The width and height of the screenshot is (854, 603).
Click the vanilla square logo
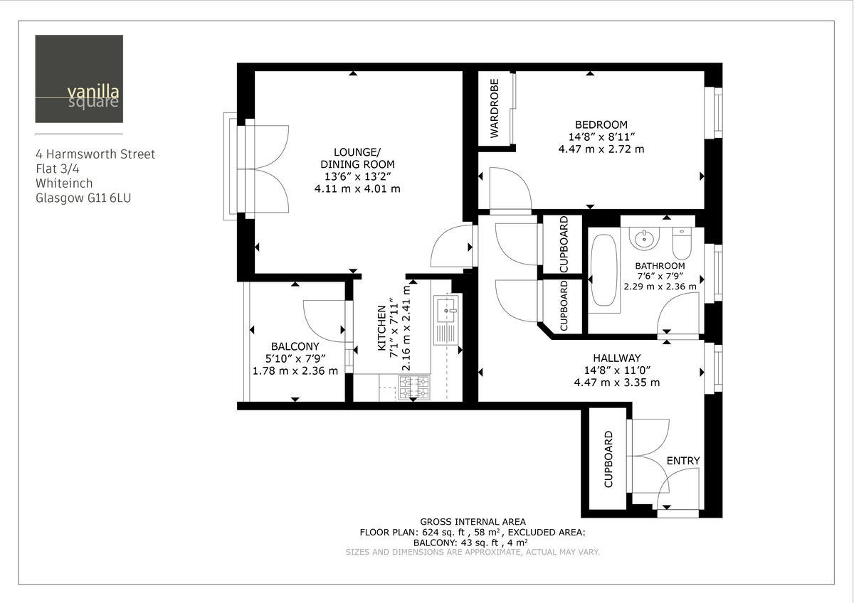79,79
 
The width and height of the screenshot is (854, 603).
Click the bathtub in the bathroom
606,272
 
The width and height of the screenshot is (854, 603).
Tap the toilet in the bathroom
681,243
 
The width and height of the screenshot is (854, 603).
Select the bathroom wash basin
645,237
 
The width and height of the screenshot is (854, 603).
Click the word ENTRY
683,461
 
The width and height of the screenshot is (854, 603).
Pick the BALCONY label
295,346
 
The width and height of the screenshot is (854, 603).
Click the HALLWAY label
616,358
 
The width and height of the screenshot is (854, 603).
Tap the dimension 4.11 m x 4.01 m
357,189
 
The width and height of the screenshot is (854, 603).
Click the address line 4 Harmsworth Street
95,154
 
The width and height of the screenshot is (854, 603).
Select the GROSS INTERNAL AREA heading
473,521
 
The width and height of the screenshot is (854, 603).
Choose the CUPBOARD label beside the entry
608,459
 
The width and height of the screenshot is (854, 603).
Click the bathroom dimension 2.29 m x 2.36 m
660,287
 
